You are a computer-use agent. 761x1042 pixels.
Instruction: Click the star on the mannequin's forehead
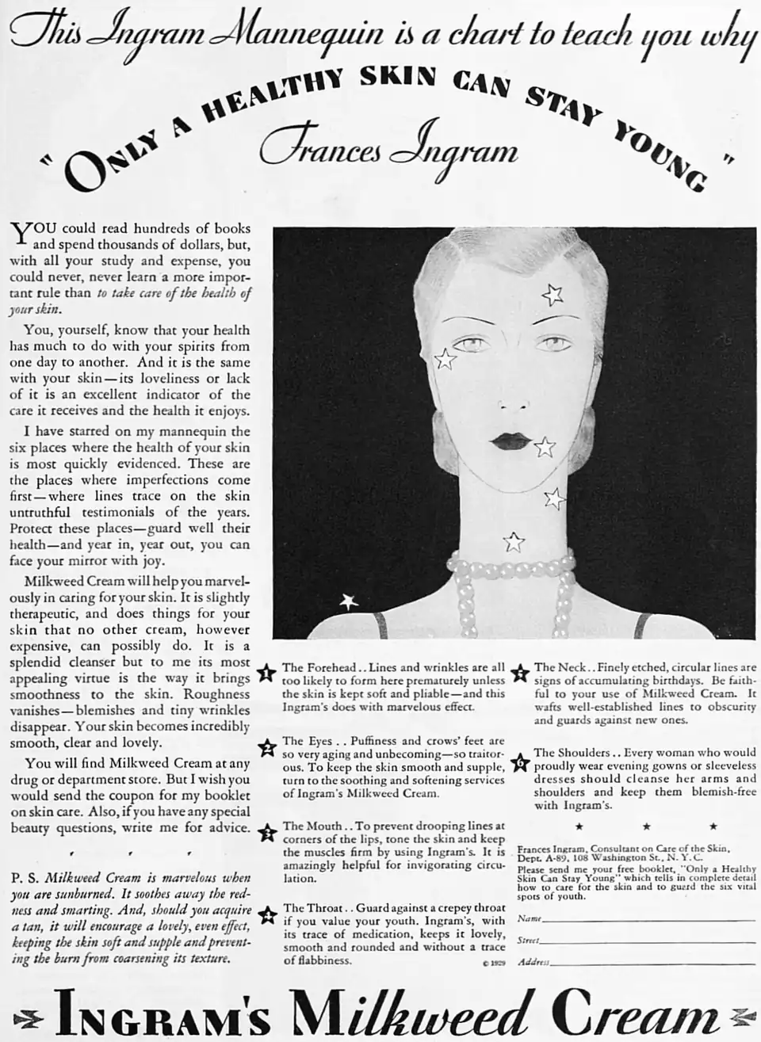552,295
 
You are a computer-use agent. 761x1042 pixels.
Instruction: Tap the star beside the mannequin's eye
446,359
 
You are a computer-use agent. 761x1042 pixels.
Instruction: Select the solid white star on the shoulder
349,601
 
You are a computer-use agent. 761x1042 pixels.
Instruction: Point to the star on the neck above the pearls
514,542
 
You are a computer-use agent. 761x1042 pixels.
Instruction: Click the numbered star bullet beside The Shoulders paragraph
520,764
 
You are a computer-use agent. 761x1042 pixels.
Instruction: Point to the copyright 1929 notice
492,964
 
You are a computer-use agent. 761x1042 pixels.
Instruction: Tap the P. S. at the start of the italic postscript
25,878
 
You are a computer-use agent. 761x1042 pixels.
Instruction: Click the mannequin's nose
505,400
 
